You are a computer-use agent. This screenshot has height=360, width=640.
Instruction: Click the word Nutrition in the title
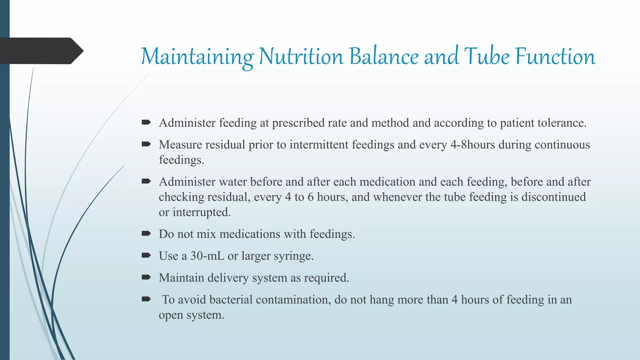(x=301, y=57)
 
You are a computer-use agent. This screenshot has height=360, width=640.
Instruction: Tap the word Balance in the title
(x=384, y=57)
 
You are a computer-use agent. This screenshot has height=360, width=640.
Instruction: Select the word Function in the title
(x=555, y=57)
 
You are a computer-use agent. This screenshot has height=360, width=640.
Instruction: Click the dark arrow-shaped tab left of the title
(x=41, y=51)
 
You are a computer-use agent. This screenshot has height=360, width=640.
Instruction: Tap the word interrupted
(x=202, y=212)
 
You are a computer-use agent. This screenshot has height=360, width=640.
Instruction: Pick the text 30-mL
(x=207, y=256)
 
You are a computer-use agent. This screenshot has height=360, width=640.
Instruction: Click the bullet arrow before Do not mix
(x=146, y=233)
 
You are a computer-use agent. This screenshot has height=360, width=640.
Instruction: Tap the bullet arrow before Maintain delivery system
(x=146, y=277)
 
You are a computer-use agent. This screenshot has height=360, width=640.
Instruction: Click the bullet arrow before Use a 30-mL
(x=146, y=255)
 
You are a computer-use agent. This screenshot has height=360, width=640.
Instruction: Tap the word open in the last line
(x=171, y=315)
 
